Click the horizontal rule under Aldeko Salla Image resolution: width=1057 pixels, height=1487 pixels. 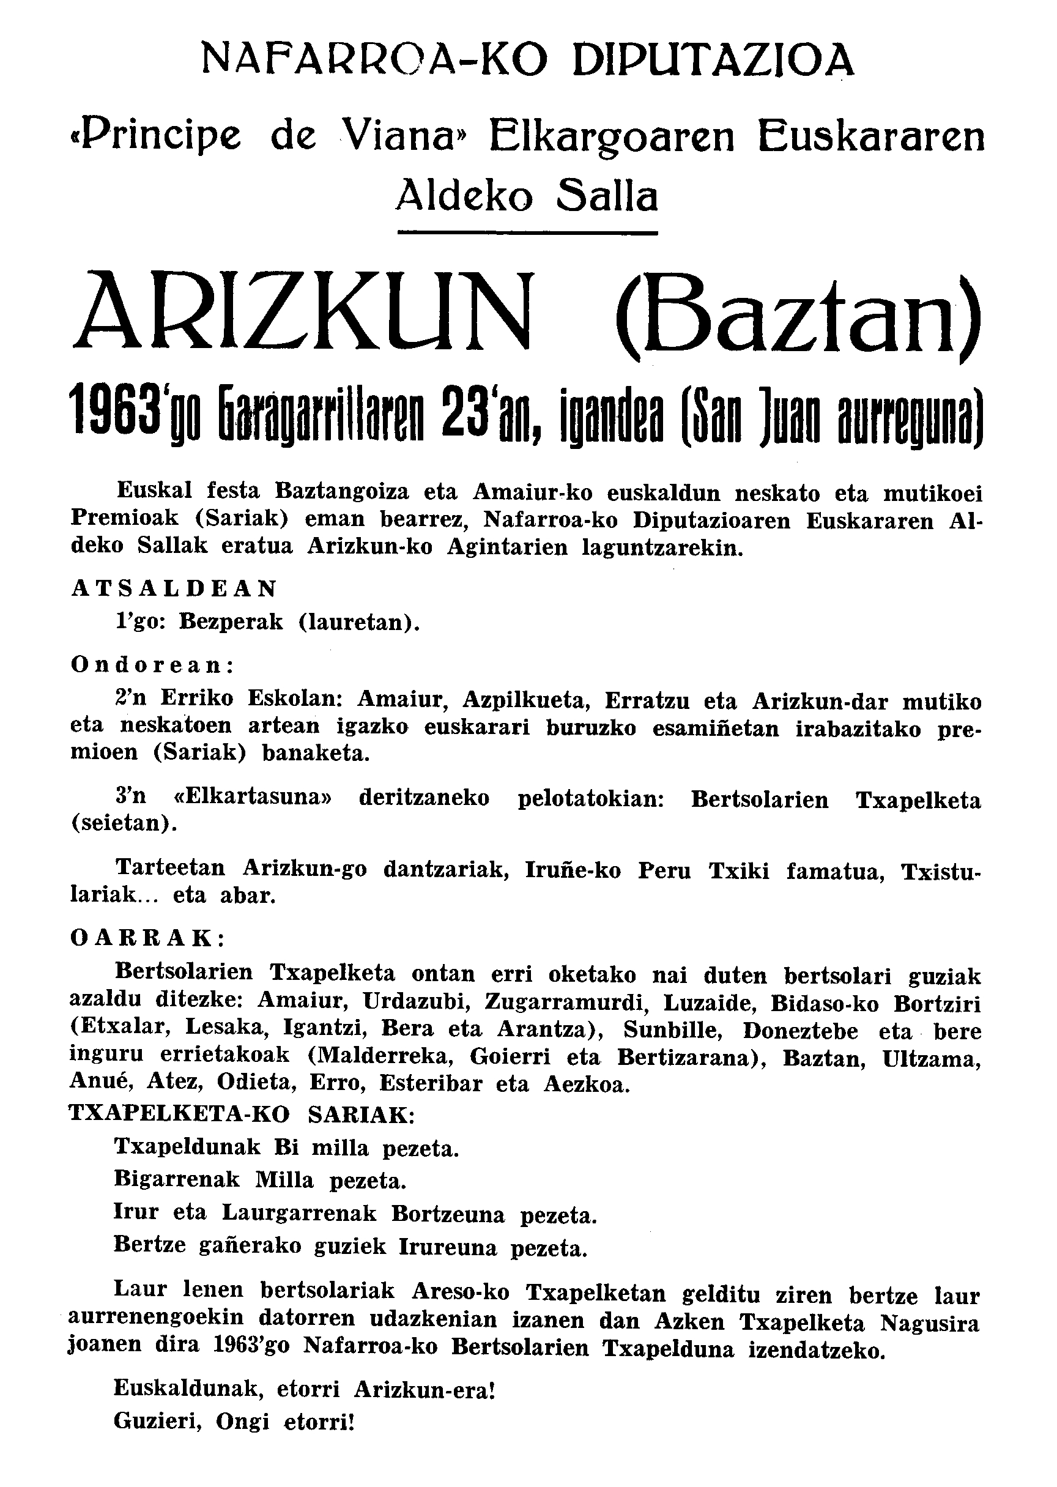click(527, 232)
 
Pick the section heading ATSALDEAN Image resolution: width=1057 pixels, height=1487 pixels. click(174, 588)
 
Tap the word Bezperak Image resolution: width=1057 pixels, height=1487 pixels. click(231, 622)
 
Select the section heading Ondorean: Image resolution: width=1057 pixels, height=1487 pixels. click(153, 665)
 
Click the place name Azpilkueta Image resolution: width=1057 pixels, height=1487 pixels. click(525, 700)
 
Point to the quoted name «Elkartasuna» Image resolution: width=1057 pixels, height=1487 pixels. click(253, 798)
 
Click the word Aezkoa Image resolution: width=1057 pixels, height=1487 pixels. click(587, 1085)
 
